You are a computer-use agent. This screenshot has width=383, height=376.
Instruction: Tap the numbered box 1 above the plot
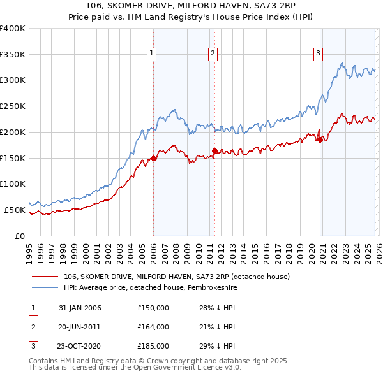click(x=152, y=54)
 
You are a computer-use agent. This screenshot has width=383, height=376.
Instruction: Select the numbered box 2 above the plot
click(x=213, y=54)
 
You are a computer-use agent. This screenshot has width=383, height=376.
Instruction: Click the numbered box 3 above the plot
click(x=317, y=54)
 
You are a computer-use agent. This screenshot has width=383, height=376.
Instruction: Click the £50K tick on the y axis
click(x=15, y=210)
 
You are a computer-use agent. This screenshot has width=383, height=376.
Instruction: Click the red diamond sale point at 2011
click(x=214, y=151)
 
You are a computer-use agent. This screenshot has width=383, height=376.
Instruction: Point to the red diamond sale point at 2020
click(x=320, y=140)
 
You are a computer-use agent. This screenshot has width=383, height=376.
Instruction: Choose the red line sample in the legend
click(x=46, y=277)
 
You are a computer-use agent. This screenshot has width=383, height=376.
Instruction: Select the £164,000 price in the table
click(x=153, y=327)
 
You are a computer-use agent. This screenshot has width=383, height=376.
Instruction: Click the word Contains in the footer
click(x=45, y=361)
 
